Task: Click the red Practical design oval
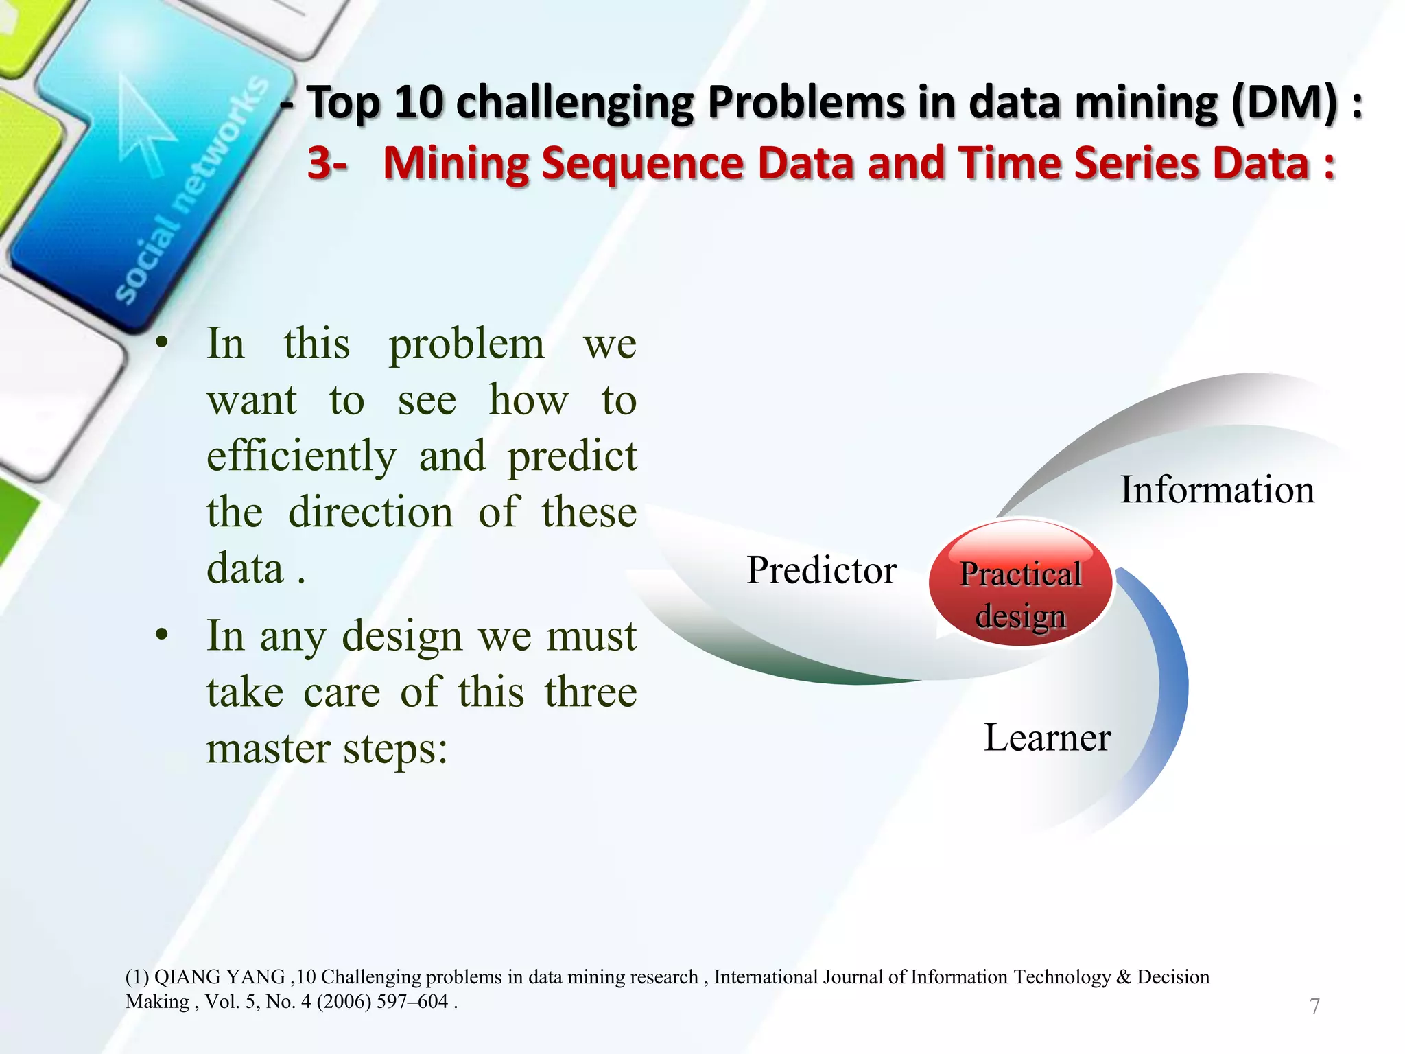point(1020,583)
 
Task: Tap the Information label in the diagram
point(1217,490)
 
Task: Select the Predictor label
point(821,570)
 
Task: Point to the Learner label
point(1047,738)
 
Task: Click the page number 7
point(1314,1006)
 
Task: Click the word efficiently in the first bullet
point(301,456)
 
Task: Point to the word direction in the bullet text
point(370,513)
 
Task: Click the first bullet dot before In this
point(162,342)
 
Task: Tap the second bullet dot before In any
point(162,635)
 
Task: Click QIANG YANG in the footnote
point(220,976)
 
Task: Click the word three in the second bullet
point(591,692)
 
